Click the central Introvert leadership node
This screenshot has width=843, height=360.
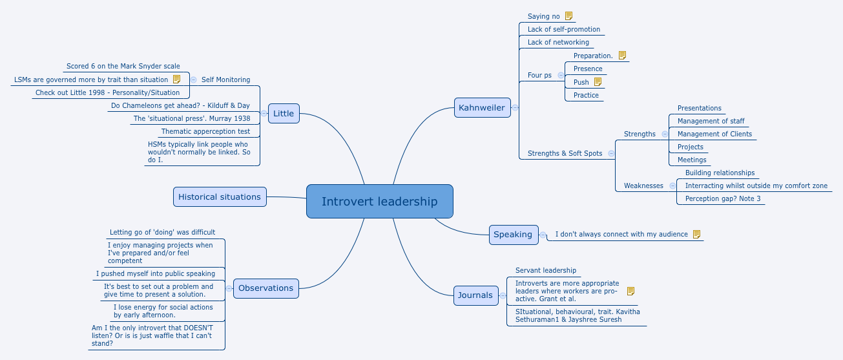point(379,201)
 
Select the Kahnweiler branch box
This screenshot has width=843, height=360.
point(482,107)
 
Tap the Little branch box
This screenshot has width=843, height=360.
point(283,113)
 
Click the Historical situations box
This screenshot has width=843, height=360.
point(220,196)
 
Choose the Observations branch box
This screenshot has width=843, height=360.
point(265,288)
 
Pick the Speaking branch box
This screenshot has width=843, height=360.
point(513,234)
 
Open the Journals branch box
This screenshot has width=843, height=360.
point(475,295)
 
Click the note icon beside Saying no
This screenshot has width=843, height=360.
point(568,16)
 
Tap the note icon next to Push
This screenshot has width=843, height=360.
point(598,82)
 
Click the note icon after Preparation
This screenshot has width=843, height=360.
point(622,56)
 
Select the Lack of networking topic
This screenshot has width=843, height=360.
point(558,42)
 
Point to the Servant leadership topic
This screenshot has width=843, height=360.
point(546,270)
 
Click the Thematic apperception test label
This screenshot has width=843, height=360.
point(205,131)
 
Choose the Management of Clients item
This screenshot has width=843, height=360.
point(714,134)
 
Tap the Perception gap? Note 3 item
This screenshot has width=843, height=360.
point(723,198)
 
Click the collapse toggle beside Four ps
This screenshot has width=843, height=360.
point(561,75)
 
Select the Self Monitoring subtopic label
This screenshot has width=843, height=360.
point(225,79)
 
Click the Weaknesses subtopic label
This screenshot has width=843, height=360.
point(643,185)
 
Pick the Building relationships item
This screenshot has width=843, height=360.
point(720,173)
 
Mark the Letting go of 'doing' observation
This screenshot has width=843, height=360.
point(162,232)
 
